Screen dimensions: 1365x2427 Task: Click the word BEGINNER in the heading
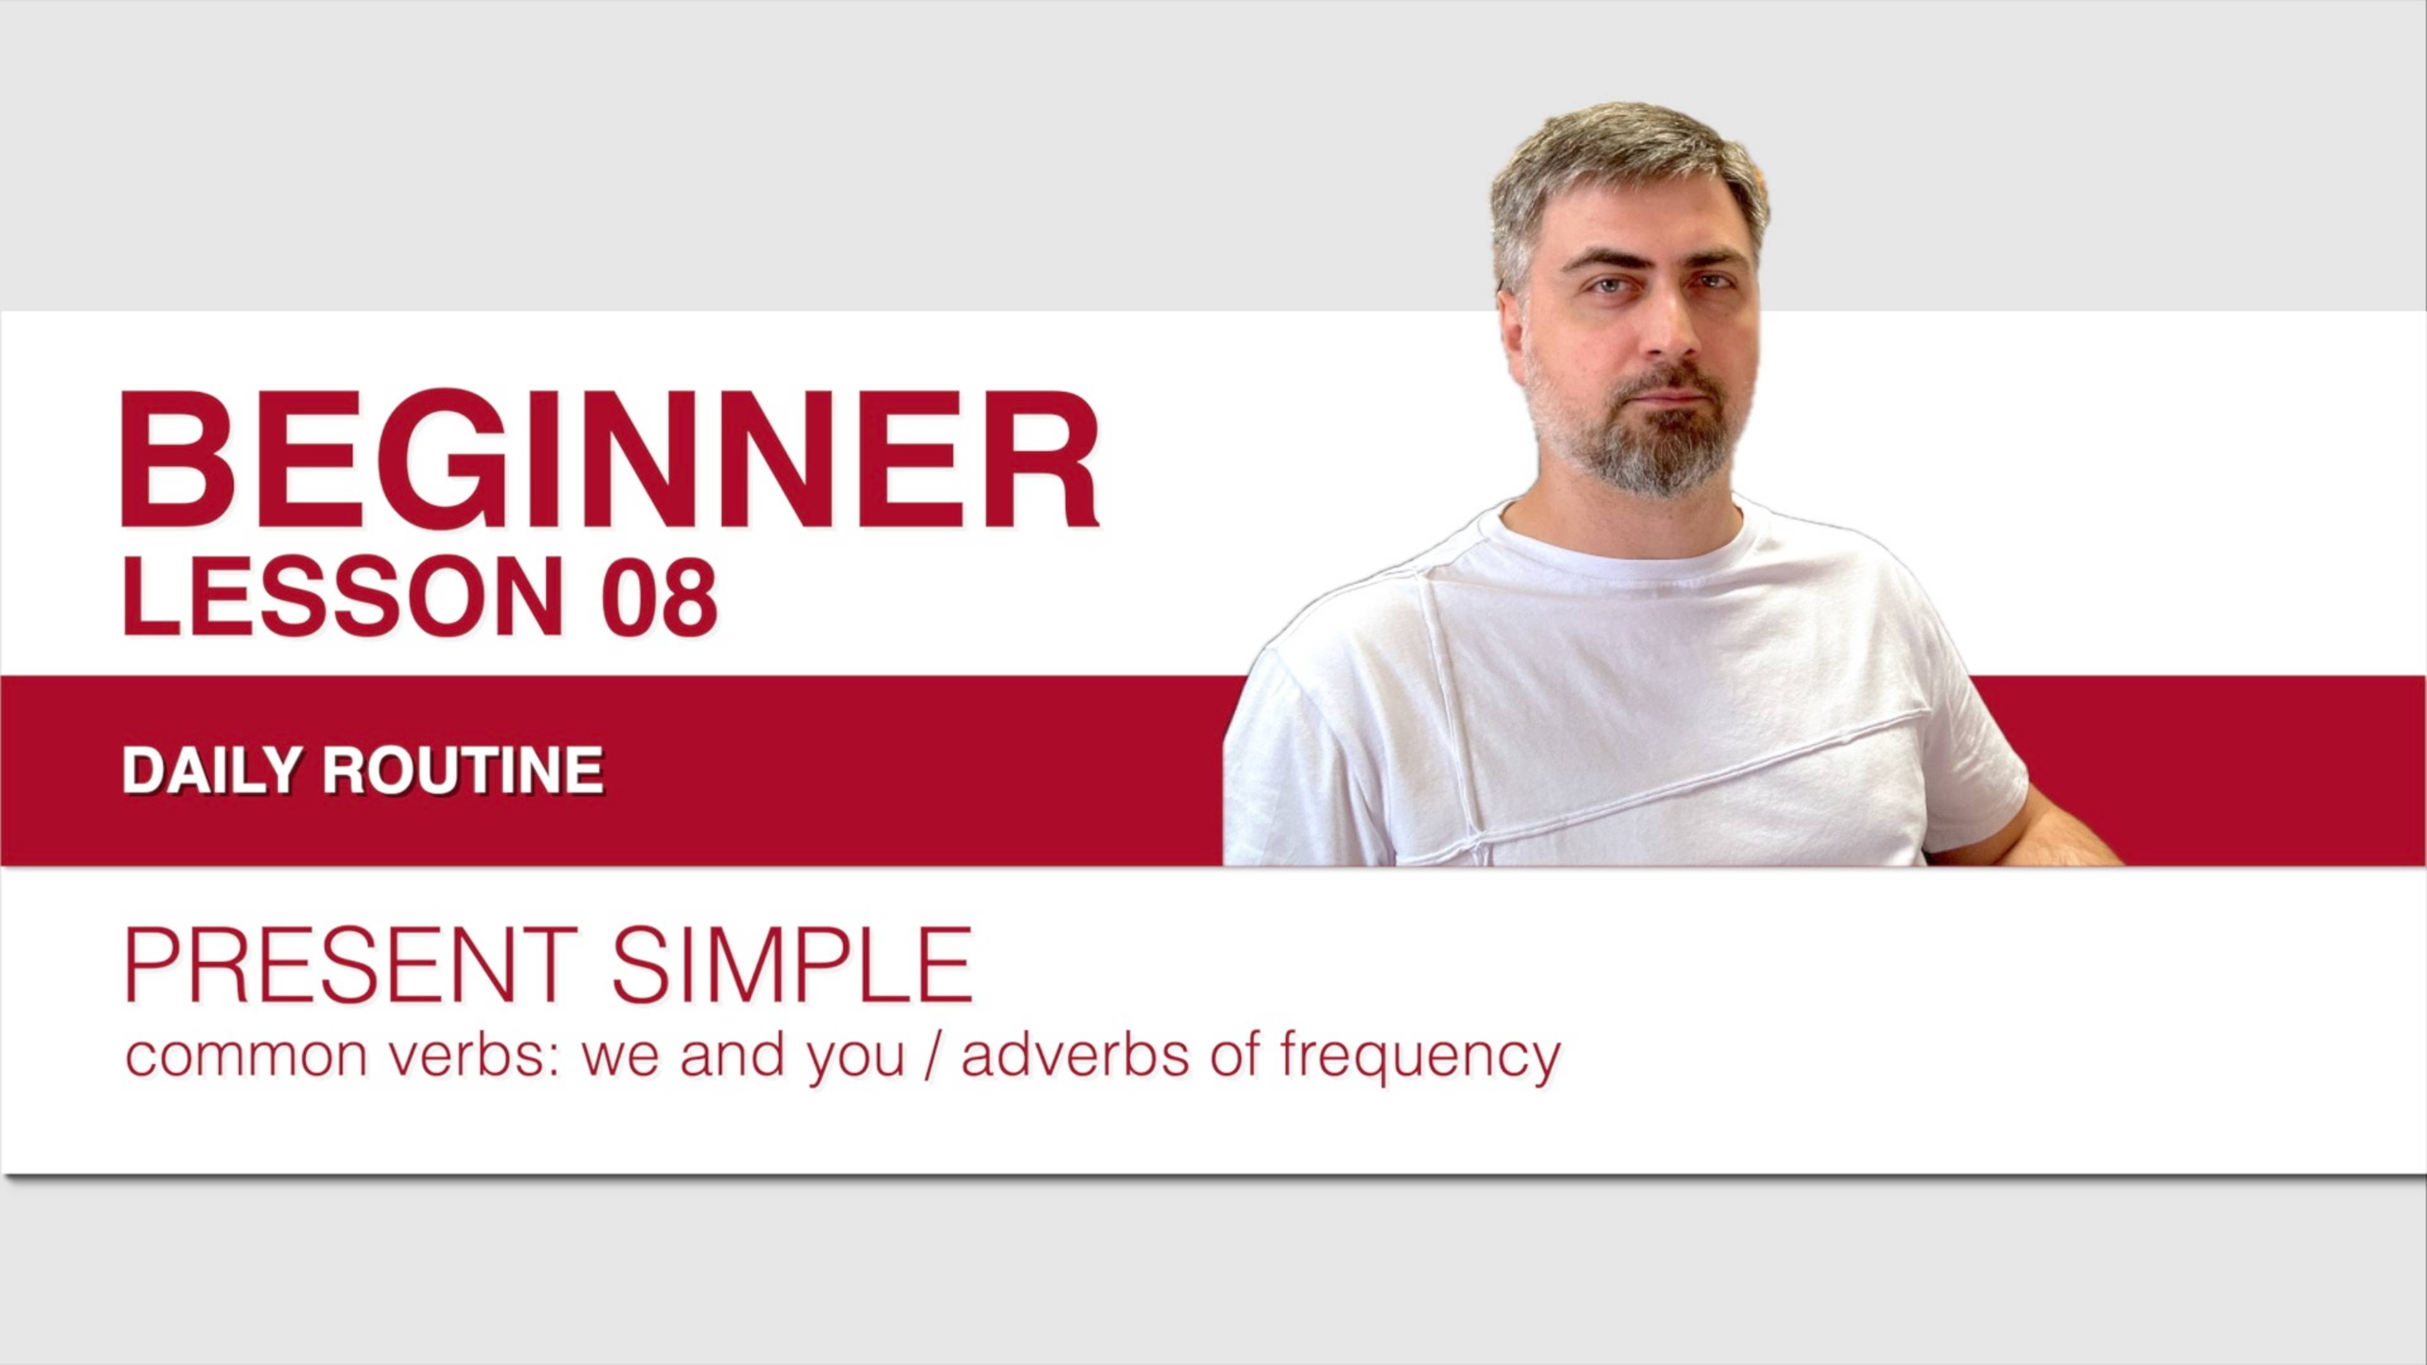click(609, 459)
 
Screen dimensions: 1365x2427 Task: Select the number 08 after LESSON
click(659, 597)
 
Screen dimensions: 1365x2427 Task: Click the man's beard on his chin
click(1660, 461)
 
